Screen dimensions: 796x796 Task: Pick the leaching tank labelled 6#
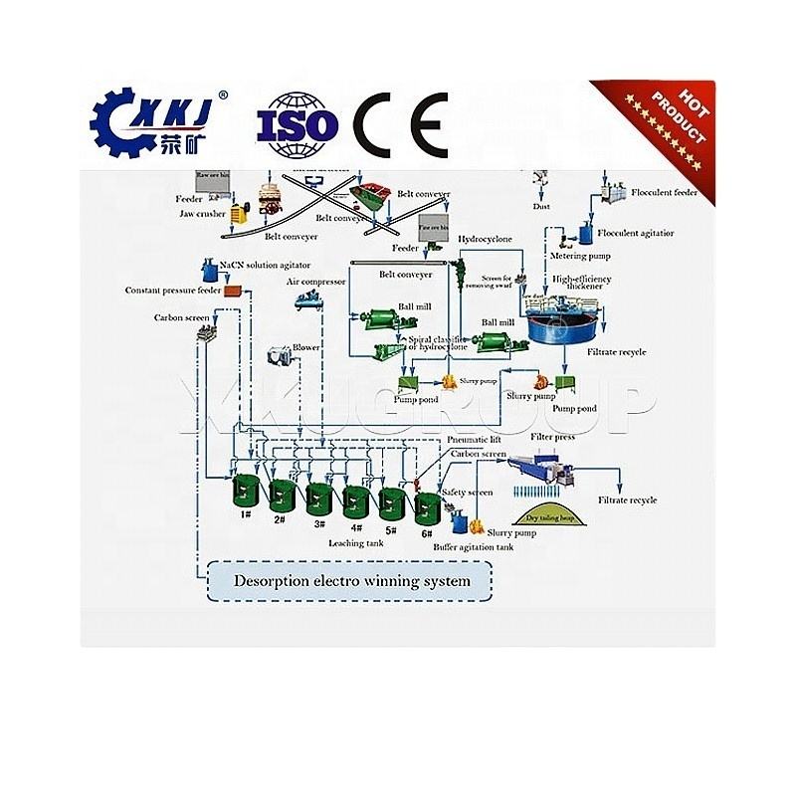(428, 507)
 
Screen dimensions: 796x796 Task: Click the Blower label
(305, 346)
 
